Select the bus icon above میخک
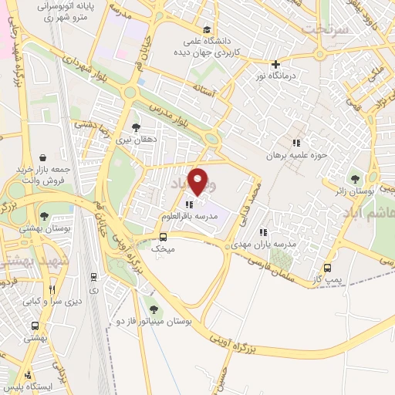tap(162, 237)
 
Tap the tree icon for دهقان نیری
tap(137, 128)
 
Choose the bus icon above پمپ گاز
tap(327, 268)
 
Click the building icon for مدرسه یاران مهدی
tap(264, 231)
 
